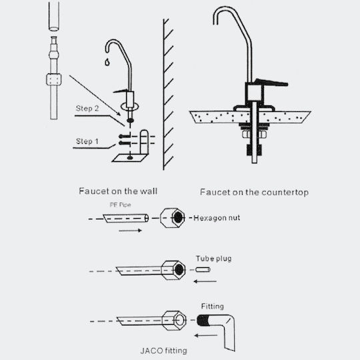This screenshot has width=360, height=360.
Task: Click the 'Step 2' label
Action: pos(87,109)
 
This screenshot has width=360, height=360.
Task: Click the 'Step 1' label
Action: pos(87,141)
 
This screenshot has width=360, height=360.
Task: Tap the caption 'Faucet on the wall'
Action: pos(118,191)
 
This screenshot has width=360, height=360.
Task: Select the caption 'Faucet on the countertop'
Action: pos(254,192)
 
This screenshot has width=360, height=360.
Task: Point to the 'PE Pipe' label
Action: pos(120,205)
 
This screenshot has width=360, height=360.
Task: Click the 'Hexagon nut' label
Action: pos(217,218)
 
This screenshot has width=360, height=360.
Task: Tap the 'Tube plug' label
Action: pos(213,259)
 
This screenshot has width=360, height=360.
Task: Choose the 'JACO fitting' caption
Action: pos(164,351)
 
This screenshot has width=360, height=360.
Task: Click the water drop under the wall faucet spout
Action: pos(107,62)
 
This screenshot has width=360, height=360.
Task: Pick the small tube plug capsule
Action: pos(203,269)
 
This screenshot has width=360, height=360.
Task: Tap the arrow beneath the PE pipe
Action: pos(130,231)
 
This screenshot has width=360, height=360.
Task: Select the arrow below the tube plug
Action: pos(205,281)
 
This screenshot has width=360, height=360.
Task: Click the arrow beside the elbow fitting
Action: pos(206,335)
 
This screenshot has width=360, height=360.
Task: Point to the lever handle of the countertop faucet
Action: pos(271,83)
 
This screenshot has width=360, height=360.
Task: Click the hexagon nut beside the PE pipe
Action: pos(173,218)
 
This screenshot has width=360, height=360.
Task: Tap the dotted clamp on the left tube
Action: pos(54,79)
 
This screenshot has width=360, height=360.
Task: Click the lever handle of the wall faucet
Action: pos(121,91)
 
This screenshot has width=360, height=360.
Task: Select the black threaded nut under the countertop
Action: pos(254,150)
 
